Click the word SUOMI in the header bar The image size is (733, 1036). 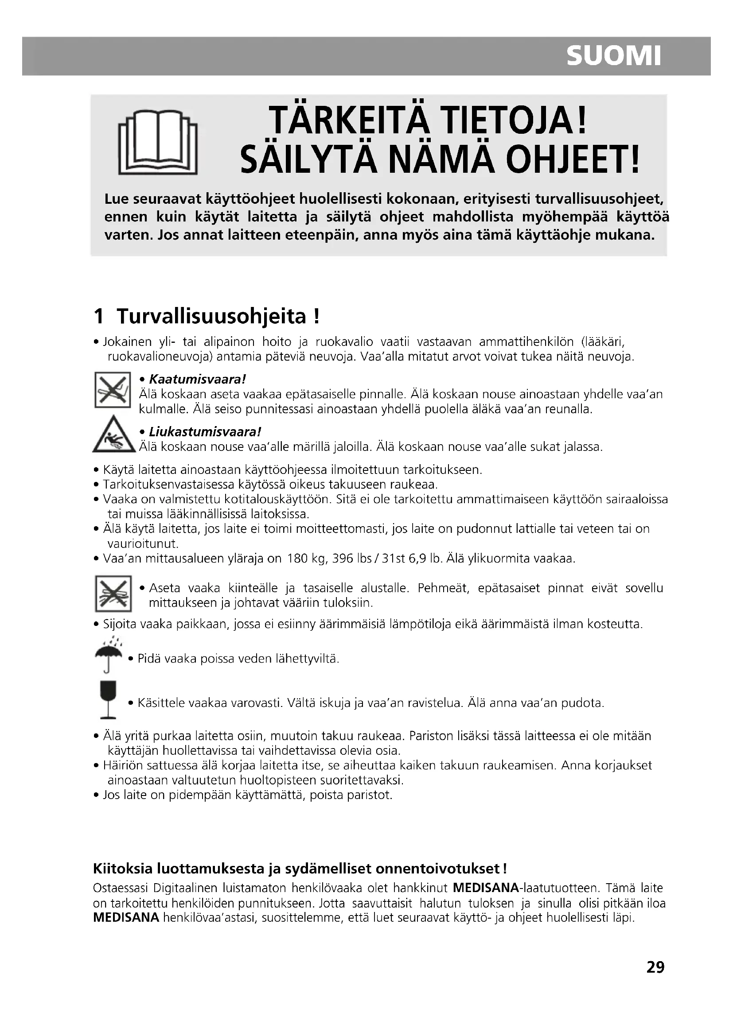tap(613, 56)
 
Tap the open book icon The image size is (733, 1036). tap(157, 143)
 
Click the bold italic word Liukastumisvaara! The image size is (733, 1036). tap(205, 432)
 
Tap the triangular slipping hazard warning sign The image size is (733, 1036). tap(114, 435)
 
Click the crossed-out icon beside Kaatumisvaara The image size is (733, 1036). tap(113, 390)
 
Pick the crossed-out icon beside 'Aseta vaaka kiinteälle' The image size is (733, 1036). tap(113, 594)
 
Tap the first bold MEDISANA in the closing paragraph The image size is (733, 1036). tap(486, 889)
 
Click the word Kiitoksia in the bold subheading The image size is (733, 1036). tap(122, 869)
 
